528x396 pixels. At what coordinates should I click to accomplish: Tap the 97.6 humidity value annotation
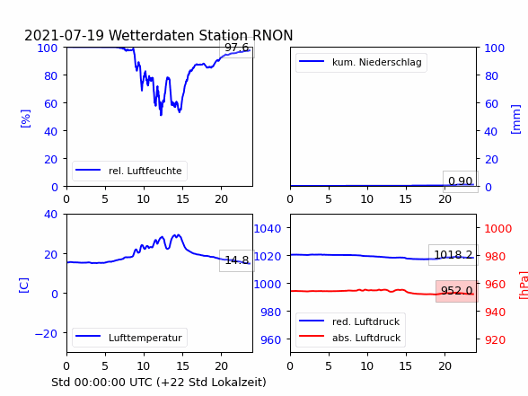pos(237,48)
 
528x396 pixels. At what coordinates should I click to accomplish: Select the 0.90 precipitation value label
pos(461,181)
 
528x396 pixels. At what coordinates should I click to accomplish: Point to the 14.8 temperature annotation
pos(237,260)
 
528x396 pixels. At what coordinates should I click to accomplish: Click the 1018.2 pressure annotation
pos(453,255)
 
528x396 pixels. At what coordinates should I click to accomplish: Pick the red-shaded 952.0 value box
pos(456,291)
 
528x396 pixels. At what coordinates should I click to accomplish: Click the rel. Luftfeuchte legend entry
pos(129,171)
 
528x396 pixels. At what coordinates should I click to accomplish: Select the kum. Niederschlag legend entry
pos(361,62)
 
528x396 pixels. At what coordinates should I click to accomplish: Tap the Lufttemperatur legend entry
pos(129,338)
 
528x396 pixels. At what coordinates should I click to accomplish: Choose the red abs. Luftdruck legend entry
pos(350,338)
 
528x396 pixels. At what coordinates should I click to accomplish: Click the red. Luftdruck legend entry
pos(349,321)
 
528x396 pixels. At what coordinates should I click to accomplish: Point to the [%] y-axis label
pos(25,119)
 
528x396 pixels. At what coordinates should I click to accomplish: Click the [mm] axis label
pos(515,119)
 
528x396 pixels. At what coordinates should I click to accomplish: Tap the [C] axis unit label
pos(23,286)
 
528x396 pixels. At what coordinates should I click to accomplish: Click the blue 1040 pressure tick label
pos(268,229)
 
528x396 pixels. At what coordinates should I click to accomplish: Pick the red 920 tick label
pos(495,339)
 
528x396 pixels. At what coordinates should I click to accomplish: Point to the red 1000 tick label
pos(498,229)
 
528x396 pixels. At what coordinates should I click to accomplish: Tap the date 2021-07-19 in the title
pos(65,35)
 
